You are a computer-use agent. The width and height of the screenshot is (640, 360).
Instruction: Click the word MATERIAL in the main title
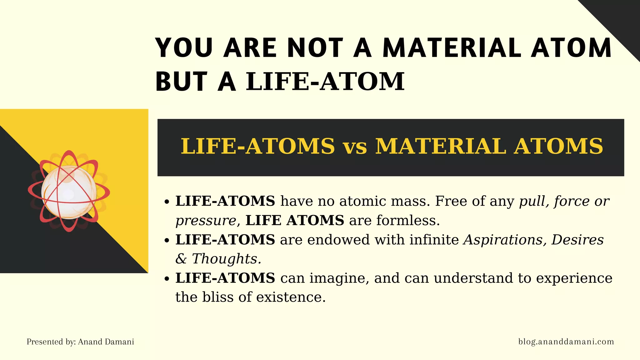pyautogui.click(x=452, y=48)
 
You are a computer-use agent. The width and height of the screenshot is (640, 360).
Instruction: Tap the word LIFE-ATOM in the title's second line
pyautogui.click(x=325, y=82)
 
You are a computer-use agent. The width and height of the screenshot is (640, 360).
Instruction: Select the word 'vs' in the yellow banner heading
pyautogui.click(x=355, y=147)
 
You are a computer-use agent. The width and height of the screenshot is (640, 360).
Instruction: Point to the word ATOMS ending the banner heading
pyautogui.click(x=559, y=146)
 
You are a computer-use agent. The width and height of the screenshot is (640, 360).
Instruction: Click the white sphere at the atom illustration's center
pyautogui.click(x=69, y=192)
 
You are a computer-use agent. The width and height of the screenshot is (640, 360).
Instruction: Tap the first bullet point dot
pyautogui.click(x=167, y=202)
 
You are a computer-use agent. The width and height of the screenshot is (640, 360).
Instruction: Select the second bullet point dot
pyautogui.click(x=167, y=241)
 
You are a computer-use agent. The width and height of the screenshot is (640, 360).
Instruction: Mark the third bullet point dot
pyautogui.click(x=167, y=279)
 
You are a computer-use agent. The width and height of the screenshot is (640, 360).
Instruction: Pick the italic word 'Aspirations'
pyautogui.click(x=504, y=240)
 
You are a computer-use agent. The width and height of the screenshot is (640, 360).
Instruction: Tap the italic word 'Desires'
pyautogui.click(x=577, y=240)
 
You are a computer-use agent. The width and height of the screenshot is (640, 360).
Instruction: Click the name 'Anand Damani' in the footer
pyautogui.click(x=106, y=342)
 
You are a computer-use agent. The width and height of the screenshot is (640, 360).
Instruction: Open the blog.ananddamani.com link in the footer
pyautogui.click(x=566, y=342)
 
